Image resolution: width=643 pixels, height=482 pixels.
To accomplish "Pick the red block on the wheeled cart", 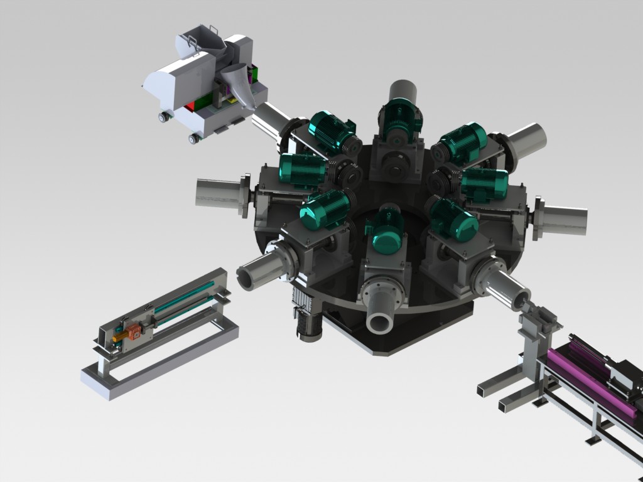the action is coord(188,108).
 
